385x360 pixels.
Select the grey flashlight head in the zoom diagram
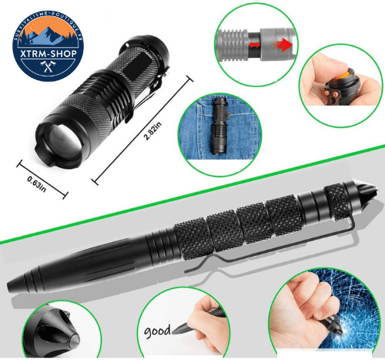231,41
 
